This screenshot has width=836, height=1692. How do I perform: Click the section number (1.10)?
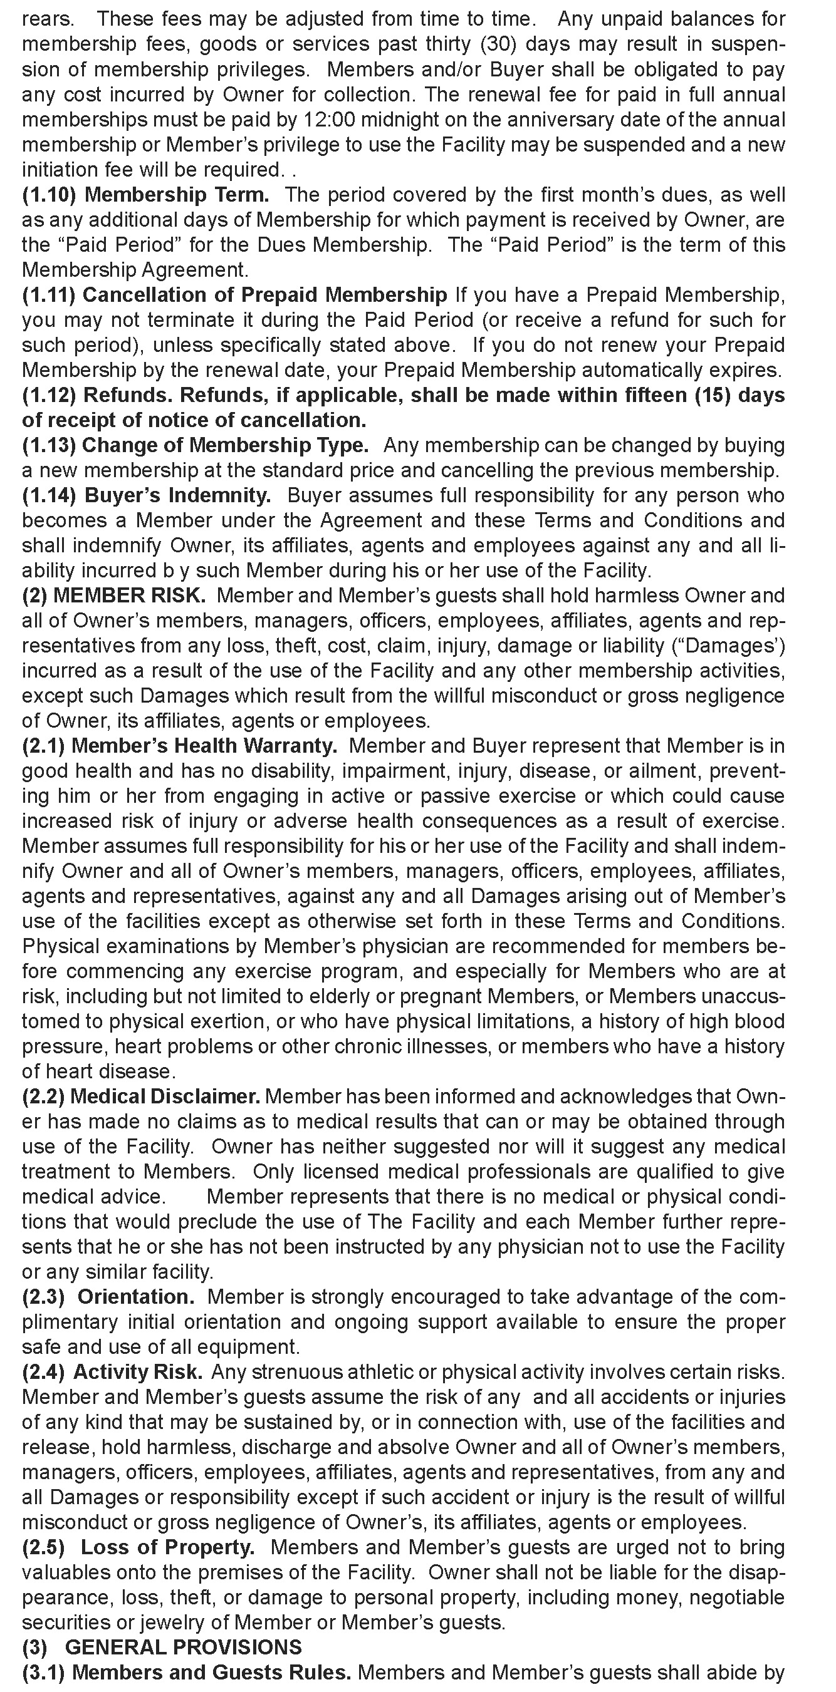pos(50,195)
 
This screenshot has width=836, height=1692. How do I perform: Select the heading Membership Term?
pos(177,195)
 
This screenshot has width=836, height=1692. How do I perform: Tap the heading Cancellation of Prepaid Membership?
pos(264,295)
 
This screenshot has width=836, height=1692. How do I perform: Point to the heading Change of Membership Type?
pos(225,445)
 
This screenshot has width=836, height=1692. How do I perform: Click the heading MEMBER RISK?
pos(130,596)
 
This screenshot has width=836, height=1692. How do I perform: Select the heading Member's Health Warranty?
pos(204,746)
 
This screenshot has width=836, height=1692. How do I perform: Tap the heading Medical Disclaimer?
pos(165,1096)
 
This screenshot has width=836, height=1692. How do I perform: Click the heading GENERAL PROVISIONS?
pos(184,1647)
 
